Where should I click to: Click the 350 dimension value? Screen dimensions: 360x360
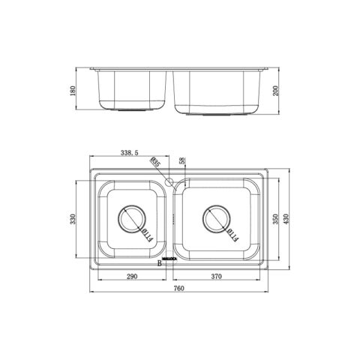[275, 220]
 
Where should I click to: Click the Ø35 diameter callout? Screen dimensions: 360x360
[155, 162]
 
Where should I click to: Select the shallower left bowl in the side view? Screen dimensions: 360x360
[131, 90]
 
